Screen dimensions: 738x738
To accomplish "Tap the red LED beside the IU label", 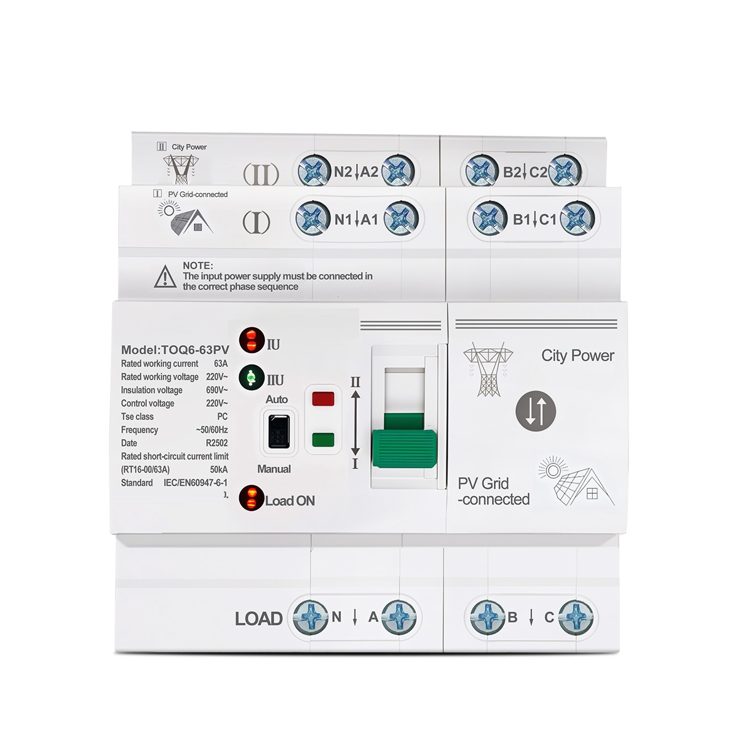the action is click(252, 339).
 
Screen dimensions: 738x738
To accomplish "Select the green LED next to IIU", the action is click(252, 377).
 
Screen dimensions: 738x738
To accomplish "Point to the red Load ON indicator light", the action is click(252, 498).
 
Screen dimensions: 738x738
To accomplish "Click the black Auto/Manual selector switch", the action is click(279, 431).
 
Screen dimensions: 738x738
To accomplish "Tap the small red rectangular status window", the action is click(323, 399).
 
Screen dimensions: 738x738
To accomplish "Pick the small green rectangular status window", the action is click(323, 440).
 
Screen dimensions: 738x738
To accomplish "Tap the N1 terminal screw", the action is click(313, 219).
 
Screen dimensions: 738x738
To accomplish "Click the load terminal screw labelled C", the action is click(576, 617).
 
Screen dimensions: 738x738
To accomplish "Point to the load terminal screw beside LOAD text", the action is click(310, 617).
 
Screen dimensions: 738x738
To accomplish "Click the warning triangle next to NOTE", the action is click(165, 276).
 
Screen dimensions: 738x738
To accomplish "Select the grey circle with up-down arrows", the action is click(536, 411).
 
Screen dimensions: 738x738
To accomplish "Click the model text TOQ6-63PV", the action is click(196, 350).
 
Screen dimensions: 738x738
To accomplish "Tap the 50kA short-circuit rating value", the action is click(219, 469).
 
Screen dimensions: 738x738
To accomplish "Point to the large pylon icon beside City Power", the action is click(488, 369).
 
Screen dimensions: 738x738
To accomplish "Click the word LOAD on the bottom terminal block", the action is click(258, 619).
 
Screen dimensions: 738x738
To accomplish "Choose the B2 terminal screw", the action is click(482, 171).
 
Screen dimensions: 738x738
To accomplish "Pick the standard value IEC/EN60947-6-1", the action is click(196, 483).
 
